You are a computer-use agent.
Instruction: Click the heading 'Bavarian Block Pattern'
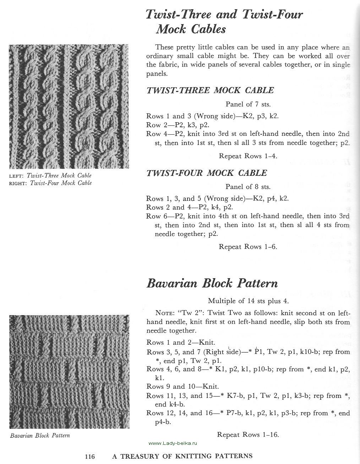tap(212, 284)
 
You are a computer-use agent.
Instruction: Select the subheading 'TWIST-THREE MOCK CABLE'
tap(210, 90)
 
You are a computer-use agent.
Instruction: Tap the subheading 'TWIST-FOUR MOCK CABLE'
tap(207, 173)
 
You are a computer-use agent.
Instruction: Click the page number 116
tap(90, 457)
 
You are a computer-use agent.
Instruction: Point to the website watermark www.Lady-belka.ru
tap(173, 444)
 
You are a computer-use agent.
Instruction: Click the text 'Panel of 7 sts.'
tap(248, 104)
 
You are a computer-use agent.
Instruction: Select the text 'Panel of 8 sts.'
tap(248, 187)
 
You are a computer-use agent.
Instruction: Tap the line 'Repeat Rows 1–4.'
tap(248, 156)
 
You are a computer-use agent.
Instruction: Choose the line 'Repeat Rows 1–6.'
tap(248, 247)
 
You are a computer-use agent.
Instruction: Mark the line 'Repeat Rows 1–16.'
tap(248, 435)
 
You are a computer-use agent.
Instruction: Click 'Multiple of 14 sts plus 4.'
tap(248, 301)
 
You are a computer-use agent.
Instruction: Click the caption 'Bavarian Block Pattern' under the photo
tap(40, 436)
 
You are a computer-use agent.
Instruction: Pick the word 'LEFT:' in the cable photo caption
tap(16, 176)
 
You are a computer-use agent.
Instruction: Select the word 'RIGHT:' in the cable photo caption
tap(18, 183)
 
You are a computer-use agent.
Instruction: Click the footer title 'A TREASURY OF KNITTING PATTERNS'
tap(182, 457)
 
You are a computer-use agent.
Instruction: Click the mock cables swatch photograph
tap(69, 106)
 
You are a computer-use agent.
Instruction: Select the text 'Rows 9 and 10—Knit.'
tap(182, 387)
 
